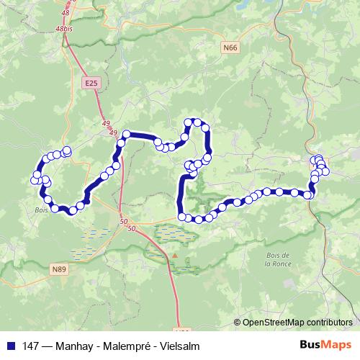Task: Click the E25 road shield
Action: point(90,84)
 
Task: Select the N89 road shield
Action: point(59,269)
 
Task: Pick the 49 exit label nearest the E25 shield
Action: point(107,123)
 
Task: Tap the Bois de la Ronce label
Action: point(276,259)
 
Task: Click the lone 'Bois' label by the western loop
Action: point(40,211)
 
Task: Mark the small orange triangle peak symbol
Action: point(174,255)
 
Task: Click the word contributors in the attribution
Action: point(329,322)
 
